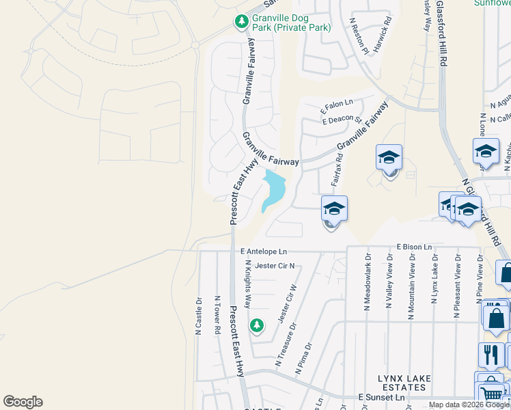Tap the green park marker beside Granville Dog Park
click(x=241, y=23)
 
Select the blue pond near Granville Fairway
click(x=273, y=189)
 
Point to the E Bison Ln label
click(x=415, y=247)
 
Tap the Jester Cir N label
click(x=274, y=266)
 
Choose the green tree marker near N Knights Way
click(x=257, y=325)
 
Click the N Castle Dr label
click(x=199, y=315)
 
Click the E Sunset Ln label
click(x=381, y=397)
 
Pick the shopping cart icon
click(x=490, y=392)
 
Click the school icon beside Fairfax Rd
click(x=334, y=209)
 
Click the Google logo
click(x=23, y=402)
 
